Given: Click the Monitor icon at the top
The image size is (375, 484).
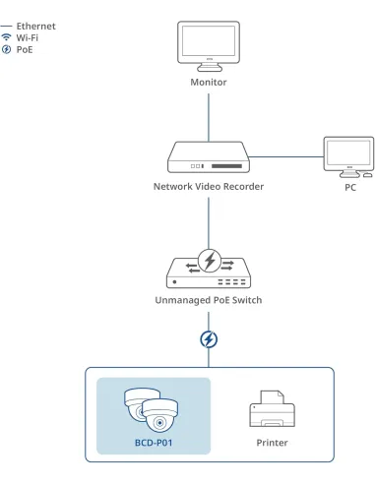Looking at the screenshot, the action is pos(209,46).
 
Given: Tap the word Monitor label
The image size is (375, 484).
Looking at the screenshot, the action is pos(209,82).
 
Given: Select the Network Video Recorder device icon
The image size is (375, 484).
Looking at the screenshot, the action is pos(209,157).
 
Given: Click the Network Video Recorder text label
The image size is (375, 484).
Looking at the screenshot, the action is pos(209,186).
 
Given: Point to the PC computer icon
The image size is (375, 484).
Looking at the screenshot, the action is pos(348,157).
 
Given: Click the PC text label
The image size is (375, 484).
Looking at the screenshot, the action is pos(350,187).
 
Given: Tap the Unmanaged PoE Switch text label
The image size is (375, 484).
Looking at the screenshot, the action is pos(209,300).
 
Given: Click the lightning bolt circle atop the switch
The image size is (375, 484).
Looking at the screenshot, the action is pos(210,261).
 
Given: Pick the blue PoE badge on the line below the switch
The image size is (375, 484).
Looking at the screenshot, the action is pos(209,339).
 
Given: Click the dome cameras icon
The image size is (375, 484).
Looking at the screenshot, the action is pos(152,409).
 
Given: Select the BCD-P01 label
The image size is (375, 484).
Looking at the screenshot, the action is pos(154,443).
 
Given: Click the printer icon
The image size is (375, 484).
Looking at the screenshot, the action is pos(272,408).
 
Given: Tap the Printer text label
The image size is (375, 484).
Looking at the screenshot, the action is pos(272,443).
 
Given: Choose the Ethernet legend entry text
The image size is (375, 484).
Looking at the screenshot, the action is pos(36,27).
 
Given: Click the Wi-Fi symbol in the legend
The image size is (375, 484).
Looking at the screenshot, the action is pos(6,37).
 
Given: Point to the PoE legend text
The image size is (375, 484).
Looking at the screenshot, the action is pos(25,49).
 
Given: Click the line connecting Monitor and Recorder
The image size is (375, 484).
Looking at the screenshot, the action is pos(209,118).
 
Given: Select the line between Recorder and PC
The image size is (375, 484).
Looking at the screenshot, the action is pos(286,156).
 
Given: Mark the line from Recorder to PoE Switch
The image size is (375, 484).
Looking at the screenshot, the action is pos(209,223).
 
